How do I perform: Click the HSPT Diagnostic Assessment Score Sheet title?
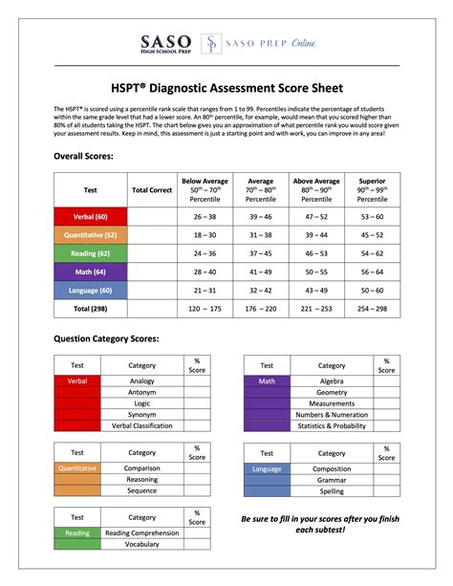point(226,82)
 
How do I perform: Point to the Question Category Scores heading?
point(105,339)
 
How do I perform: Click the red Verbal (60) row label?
point(90,217)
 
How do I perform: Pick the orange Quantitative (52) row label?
point(90,234)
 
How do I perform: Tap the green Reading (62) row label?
point(90,253)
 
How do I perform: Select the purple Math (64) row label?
point(90,271)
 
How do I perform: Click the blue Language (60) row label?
point(90,290)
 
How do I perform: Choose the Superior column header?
point(372,188)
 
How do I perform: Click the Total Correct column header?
point(152,190)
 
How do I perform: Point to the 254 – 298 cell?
point(372,310)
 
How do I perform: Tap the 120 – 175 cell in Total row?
point(204,310)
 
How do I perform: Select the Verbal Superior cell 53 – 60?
point(372,217)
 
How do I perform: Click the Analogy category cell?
point(141,380)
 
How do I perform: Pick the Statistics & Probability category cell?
point(332,426)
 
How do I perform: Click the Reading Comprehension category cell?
point(141,532)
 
